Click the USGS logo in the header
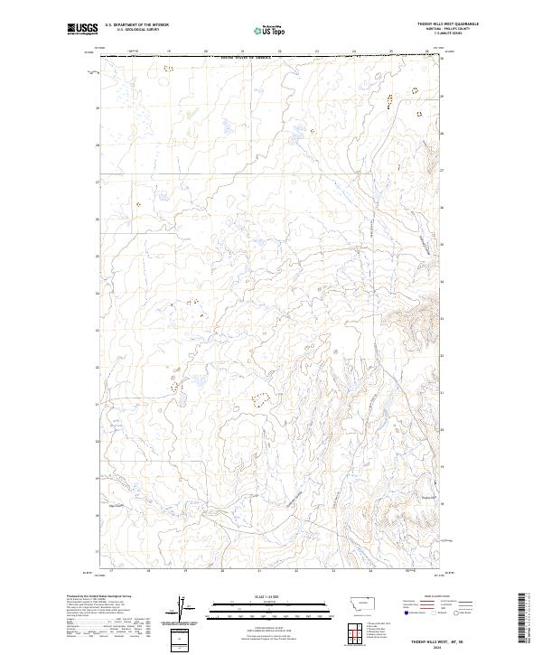[81, 29]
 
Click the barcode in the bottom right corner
[525, 619]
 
